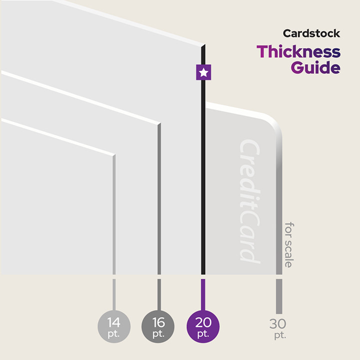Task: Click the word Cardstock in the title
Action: coord(311,34)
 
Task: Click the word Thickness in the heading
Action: coord(298,51)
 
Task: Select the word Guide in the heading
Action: coord(315,67)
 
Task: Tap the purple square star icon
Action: coord(203,72)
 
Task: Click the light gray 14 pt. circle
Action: coord(114,326)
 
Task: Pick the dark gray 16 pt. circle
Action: coord(158,326)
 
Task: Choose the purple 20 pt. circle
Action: coord(202,326)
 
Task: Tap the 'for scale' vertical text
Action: coord(289,244)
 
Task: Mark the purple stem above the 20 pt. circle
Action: coord(202,294)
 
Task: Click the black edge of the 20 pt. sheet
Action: coord(203,175)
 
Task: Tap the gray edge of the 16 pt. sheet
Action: coord(159,200)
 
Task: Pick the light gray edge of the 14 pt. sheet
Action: coord(114,215)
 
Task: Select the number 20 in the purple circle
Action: coord(202,322)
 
